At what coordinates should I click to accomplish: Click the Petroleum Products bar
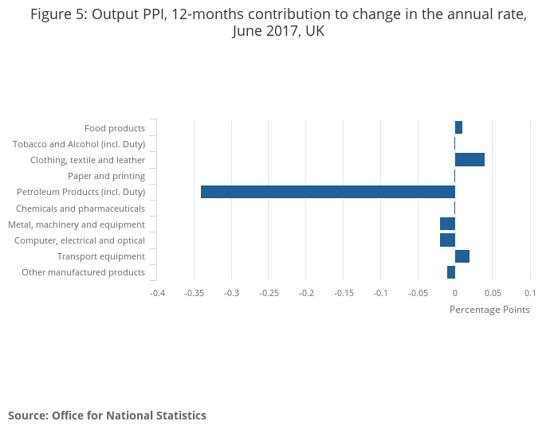[x=328, y=192]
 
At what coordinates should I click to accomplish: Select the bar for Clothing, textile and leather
[x=470, y=160]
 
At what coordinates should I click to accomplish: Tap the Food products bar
[x=458, y=128]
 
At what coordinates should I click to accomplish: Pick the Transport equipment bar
[x=462, y=256]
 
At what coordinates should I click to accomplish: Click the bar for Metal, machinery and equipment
[x=447, y=224]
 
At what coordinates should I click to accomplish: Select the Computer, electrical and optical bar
[x=447, y=240]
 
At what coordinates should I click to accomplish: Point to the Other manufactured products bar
[x=451, y=272]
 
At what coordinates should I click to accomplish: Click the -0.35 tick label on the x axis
[x=195, y=293]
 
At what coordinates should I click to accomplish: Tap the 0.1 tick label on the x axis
[x=529, y=293]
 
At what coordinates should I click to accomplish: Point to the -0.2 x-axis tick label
[x=306, y=293]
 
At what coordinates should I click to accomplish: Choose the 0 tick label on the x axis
[x=454, y=293]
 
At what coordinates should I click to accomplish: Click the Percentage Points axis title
[x=489, y=310]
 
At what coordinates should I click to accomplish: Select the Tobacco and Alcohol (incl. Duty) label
[x=79, y=144]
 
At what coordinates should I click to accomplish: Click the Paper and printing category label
[x=106, y=176]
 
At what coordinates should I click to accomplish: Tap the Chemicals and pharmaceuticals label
[x=81, y=209]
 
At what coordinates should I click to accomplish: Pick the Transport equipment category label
[x=101, y=256]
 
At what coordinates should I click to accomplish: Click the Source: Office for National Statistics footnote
[x=107, y=416]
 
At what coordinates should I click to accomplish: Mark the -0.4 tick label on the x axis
[x=157, y=293]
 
